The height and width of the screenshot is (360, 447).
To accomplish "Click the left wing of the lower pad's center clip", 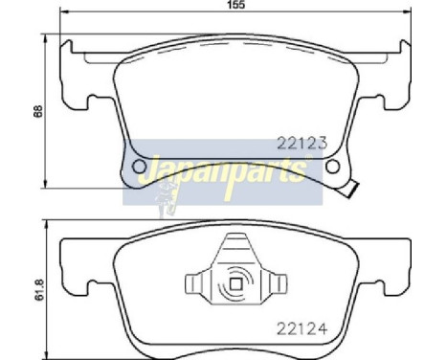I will tap(194, 283).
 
